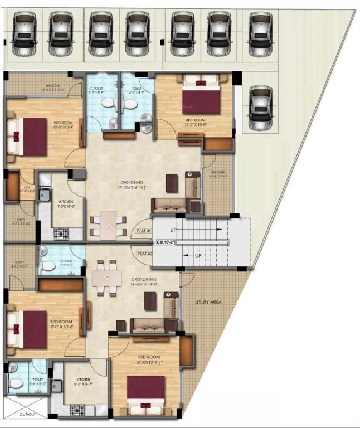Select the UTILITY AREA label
(x=208, y=301)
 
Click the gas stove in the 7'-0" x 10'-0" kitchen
(x=59, y=233)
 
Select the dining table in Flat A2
(x=106, y=278)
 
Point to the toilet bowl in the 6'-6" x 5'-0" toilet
(x=17, y=383)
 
